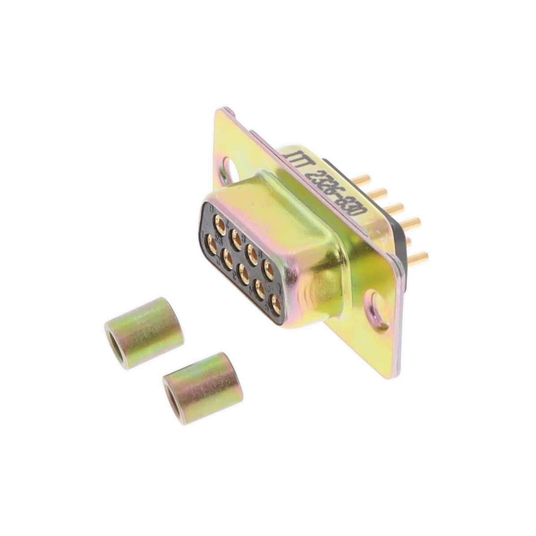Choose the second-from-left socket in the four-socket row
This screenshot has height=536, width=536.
[x=236, y=234]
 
